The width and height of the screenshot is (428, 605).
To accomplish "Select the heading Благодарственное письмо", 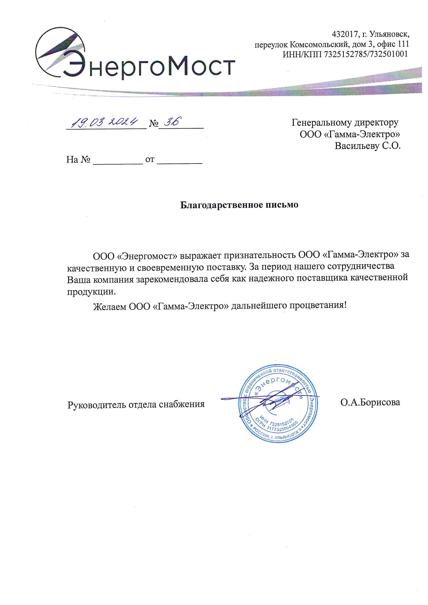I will coord(239,205).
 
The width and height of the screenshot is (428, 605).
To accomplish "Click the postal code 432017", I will coord(344,34).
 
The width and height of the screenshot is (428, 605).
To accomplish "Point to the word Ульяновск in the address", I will coord(389,34).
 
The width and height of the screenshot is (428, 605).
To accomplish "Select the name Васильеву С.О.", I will coord(367,146).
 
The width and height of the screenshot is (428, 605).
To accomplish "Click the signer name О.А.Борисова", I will coord(370,402).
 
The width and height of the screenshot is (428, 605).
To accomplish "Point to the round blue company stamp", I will coord(279,403).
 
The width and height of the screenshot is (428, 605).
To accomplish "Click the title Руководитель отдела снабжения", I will coord(136,404).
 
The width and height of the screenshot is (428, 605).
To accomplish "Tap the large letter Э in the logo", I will coord(74,64).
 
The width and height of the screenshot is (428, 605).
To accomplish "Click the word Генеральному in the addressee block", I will coord(322,122).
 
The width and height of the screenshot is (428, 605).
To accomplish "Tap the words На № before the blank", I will coord(78,159).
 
